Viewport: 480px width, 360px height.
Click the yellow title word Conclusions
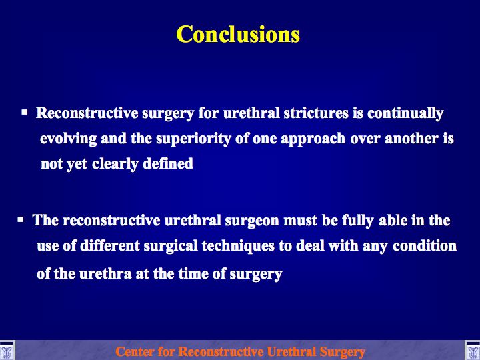click(x=238, y=34)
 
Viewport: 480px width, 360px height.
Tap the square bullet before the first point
click(x=25, y=112)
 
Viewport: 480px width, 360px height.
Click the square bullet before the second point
click(x=21, y=219)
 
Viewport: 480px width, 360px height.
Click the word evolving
click(x=68, y=139)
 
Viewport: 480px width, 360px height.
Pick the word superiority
click(x=193, y=139)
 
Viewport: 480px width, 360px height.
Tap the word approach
click(x=313, y=139)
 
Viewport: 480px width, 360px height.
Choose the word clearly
click(x=115, y=165)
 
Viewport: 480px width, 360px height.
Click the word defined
click(x=168, y=163)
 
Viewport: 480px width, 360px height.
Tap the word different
click(x=109, y=246)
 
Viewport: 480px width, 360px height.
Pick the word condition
click(x=425, y=246)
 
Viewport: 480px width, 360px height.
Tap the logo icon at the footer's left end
click(x=7, y=351)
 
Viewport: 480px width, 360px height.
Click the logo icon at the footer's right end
click(x=473, y=351)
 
